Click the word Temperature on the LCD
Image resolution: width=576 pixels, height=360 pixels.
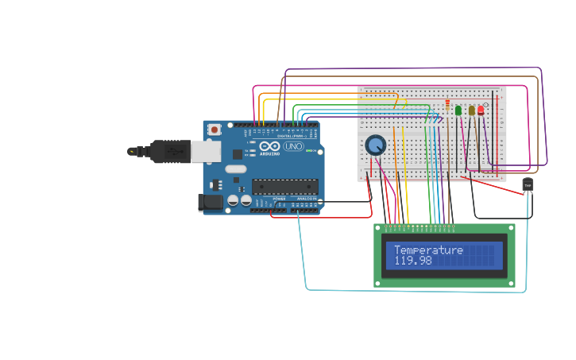[x=428, y=250]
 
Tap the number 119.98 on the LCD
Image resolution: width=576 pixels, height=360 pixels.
[x=413, y=261]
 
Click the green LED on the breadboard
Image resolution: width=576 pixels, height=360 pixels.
[x=458, y=110]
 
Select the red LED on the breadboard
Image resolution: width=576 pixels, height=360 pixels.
[x=481, y=110]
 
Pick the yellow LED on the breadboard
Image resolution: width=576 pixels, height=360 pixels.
[x=471, y=110]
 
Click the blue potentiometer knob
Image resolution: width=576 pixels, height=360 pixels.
[x=376, y=145]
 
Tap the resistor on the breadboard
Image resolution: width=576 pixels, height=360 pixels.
[x=447, y=104]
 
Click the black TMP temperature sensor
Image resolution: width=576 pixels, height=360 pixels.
[x=528, y=184]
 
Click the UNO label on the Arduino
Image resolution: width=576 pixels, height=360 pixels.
[x=293, y=146]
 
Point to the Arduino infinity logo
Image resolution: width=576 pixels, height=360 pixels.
[x=271, y=146]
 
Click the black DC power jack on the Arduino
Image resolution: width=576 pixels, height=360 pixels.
[x=211, y=203]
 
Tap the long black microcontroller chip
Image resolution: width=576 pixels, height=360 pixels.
[x=285, y=187]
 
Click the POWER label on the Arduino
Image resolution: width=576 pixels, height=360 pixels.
[x=280, y=199]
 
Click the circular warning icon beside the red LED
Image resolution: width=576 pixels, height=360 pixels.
[x=486, y=105]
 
